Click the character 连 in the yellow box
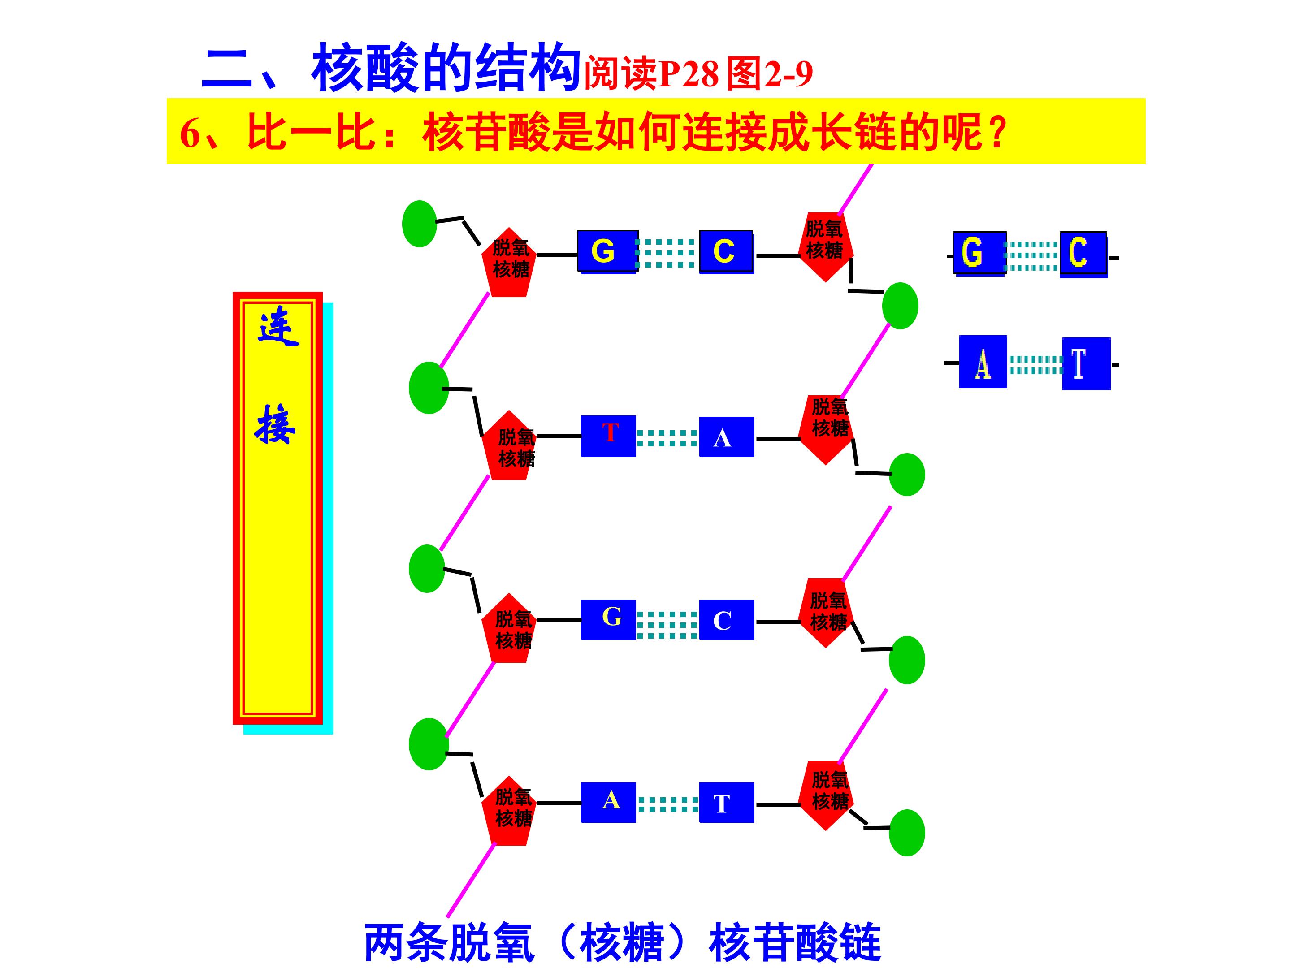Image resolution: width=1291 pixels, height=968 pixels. click(x=278, y=327)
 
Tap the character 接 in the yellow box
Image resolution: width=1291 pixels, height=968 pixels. click(x=275, y=424)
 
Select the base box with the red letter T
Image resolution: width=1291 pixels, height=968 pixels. click(x=608, y=436)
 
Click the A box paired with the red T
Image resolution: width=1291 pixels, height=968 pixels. click(x=727, y=436)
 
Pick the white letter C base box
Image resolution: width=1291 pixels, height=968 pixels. click(x=727, y=620)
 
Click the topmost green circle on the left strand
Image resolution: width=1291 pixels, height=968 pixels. click(x=420, y=224)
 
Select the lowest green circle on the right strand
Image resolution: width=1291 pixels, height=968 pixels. click(x=907, y=833)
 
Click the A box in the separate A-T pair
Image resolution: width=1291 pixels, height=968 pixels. click(x=983, y=362)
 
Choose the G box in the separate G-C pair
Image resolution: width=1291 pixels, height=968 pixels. click(x=979, y=253)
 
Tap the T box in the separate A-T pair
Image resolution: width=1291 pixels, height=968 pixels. click(x=1086, y=363)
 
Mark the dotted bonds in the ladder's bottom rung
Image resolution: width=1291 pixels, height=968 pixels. click(x=667, y=804)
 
